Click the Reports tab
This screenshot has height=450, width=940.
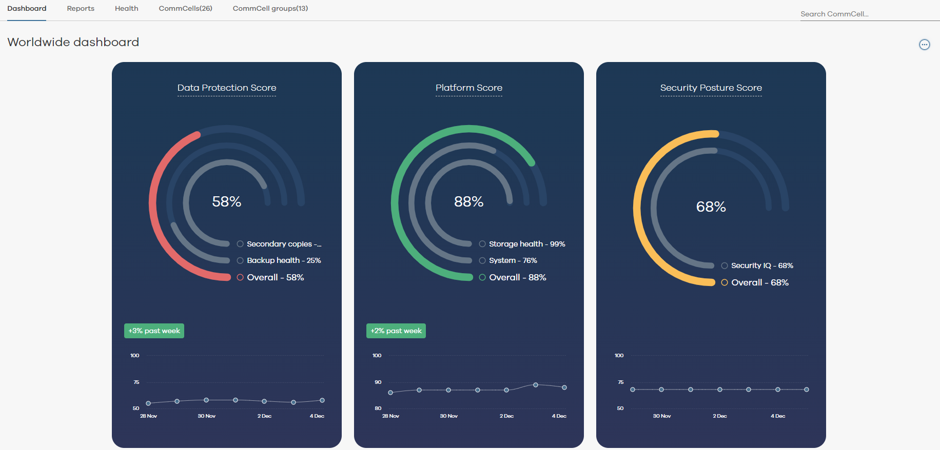pos(81,9)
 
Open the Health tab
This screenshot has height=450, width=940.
pos(126,9)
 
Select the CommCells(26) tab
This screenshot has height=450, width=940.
pos(185,9)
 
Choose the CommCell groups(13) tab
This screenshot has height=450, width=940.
pos(270,9)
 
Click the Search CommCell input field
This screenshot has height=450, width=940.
pos(867,14)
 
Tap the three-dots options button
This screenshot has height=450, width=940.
pos(924,45)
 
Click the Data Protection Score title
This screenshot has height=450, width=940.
pos(227,88)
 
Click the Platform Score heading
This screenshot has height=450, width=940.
pos(468,88)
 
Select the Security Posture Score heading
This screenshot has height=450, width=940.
pos(711,88)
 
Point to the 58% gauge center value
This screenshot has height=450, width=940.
pos(227,201)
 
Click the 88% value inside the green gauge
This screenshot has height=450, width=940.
pos(468,201)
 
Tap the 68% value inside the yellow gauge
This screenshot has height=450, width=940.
pos(711,207)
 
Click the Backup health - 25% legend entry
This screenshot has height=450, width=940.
pos(283,260)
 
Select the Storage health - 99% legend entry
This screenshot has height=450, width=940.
pos(526,244)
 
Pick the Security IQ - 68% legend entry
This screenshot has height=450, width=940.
pos(761,265)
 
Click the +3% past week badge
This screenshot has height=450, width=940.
pos(154,331)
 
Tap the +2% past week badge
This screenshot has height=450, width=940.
pos(396,331)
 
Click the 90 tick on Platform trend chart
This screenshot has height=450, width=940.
pos(378,382)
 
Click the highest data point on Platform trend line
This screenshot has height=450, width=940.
pos(535,384)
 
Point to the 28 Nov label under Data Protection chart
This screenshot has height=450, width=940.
pos(148,416)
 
